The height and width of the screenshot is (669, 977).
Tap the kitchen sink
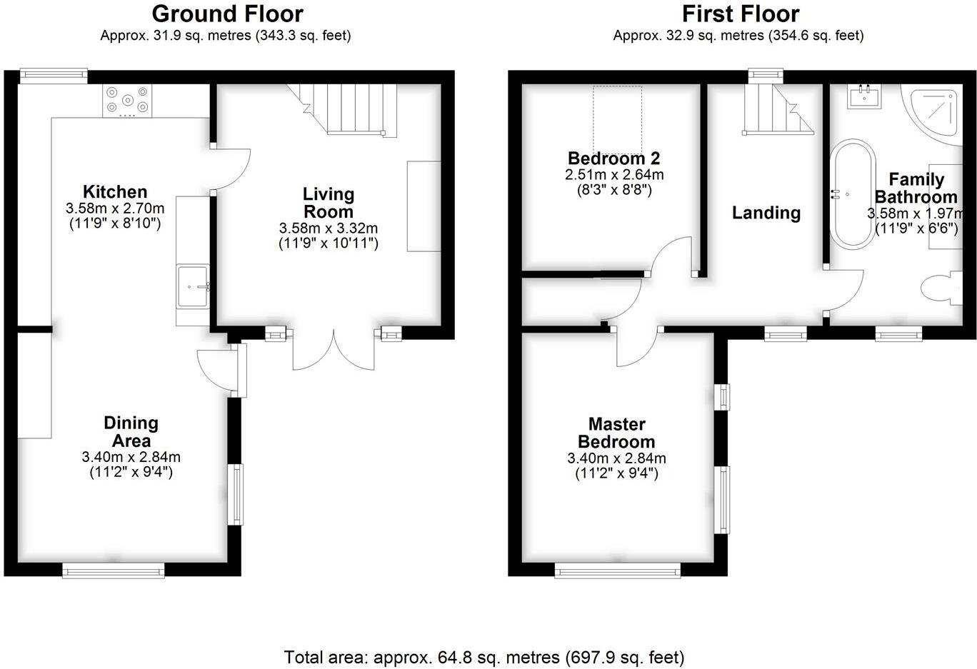point(192,287)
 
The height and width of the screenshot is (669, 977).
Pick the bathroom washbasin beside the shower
point(864,96)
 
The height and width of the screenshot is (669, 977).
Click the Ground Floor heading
point(227,14)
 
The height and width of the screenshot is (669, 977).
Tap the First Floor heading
point(740,14)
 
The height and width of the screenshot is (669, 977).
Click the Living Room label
point(328,203)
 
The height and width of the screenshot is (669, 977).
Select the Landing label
point(766,213)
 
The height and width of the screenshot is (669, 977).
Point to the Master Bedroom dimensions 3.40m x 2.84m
point(616,458)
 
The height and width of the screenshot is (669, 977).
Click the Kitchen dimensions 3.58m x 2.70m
point(115,208)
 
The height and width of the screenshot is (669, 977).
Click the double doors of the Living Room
point(334,350)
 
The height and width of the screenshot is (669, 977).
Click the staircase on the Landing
point(776,111)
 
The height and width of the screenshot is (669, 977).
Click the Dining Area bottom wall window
point(113,570)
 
